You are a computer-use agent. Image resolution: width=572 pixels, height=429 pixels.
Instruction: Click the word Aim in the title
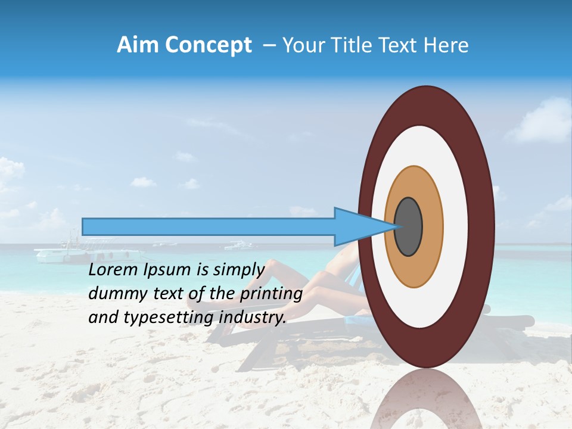136,45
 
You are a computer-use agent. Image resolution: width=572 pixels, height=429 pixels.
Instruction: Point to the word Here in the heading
447,45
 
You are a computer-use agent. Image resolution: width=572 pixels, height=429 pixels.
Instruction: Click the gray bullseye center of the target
409,226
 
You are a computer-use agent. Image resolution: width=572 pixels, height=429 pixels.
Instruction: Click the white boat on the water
60,254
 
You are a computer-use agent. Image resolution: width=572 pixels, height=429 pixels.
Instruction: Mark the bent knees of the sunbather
275,266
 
